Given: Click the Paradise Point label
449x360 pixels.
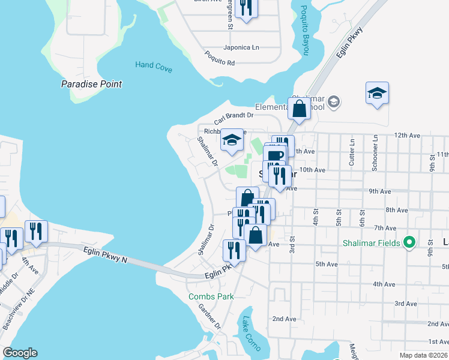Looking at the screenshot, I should pyautogui.click(x=92, y=84).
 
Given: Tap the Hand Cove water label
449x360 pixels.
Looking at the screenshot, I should pyautogui.click(x=154, y=67).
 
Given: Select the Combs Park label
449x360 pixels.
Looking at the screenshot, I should pyautogui.click(x=209, y=296).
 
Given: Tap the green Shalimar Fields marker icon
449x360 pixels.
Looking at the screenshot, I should pyautogui.click(x=410, y=242).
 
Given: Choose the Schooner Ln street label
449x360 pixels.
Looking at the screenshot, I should pyautogui.click(x=375, y=152).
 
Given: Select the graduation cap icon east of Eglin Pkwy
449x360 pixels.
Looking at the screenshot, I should pyautogui.click(x=377, y=94).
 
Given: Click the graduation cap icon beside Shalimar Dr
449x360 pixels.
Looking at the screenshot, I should pyautogui.click(x=232, y=140).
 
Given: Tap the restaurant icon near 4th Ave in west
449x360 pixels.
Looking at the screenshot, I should pyautogui.click(x=36, y=231).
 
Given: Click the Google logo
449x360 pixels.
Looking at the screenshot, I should pyautogui.click(x=20, y=353).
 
